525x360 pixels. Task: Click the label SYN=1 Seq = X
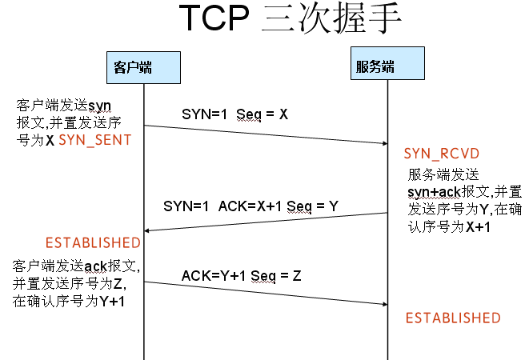[x=234, y=114]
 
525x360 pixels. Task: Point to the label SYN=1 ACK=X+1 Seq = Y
[x=250, y=206]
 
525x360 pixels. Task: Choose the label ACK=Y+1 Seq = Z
[x=241, y=276]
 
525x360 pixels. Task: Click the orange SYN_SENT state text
[x=95, y=139]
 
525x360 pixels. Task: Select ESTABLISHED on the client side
[x=93, y=242]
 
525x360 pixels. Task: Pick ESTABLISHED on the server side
[x=453, y=318]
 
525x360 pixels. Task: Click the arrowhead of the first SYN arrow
[x=383, y=143]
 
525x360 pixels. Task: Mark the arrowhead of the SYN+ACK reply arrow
[x=147, y=231]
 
